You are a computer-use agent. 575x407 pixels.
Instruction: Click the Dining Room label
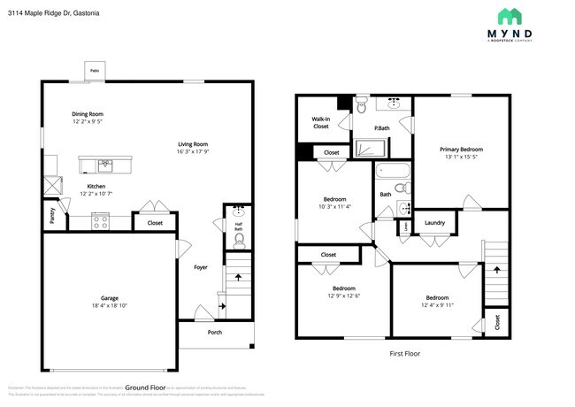88,114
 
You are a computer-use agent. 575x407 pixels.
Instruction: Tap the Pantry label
51,216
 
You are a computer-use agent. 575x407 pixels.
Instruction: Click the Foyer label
201,266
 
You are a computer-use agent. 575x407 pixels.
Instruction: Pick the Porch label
214,333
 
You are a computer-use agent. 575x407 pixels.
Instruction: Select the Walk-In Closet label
320,122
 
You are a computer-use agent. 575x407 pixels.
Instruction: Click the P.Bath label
381,129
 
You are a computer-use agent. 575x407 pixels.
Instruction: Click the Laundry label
433,223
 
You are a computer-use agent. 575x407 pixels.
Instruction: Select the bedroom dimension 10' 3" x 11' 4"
333,207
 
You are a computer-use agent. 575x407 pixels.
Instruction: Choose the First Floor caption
404,353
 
